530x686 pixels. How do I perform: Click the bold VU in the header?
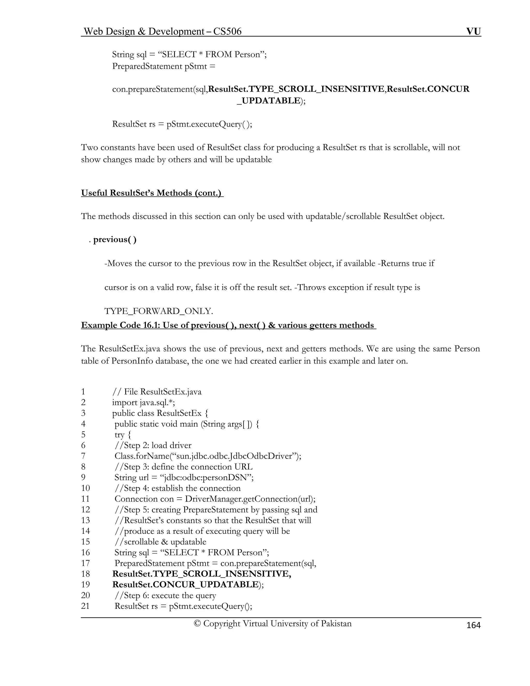(474, 31)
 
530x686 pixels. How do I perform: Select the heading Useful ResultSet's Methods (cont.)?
(152, 193)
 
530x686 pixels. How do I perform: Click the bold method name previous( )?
(115, 239)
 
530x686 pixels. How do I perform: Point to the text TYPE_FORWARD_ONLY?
(159, 311)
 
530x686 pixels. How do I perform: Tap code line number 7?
(83, 456)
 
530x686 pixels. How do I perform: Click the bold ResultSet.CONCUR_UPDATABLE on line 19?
(185, 584)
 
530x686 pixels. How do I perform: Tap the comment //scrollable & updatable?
(160, 542)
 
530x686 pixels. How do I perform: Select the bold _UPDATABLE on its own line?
(268, 100)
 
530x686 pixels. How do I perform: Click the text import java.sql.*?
(143, 402)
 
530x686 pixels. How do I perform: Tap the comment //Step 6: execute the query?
(165, 595)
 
